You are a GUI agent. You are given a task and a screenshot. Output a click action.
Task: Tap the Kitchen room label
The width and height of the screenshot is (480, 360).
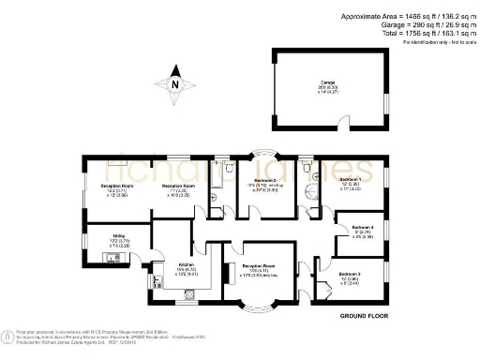(x=186, y=268)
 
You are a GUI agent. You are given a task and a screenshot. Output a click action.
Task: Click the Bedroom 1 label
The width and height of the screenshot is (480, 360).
(x=349, y=182)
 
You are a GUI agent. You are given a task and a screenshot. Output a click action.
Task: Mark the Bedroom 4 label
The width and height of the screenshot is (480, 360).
(x=361, y=231)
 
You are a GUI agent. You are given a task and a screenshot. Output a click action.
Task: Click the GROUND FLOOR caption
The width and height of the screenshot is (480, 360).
(x=364, y=315)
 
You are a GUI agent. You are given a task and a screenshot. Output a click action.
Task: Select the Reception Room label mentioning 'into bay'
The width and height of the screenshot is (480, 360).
(x=262, y=270)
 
